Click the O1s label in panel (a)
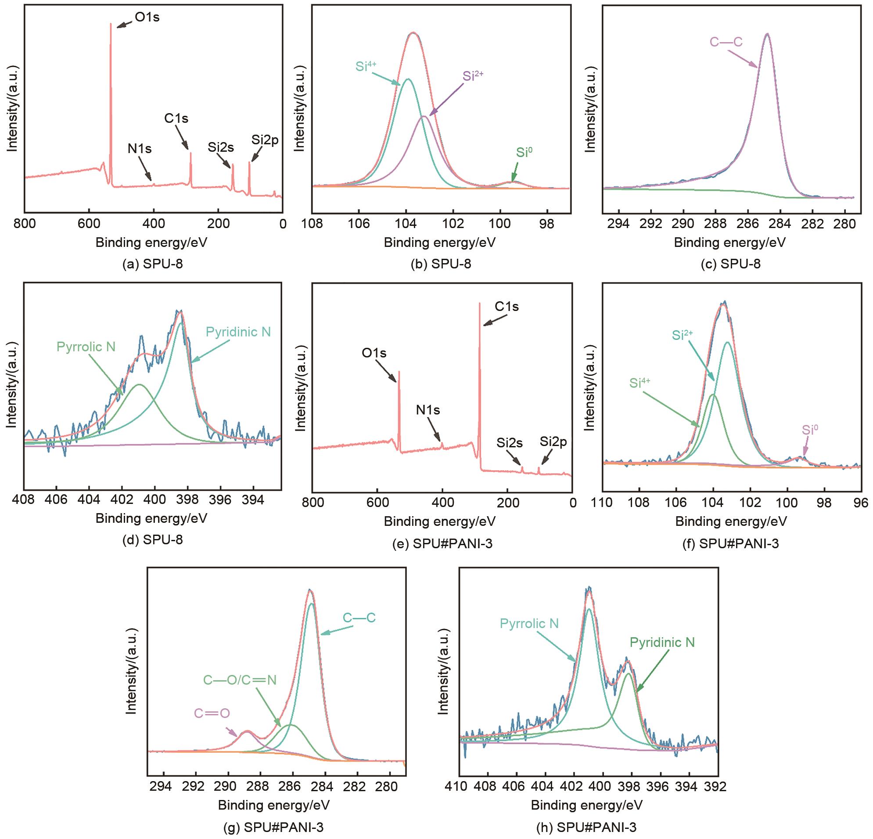pyautogui.click(x=147, y=18)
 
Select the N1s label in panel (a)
pyautogui.click(x=140, y=149)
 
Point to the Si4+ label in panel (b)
pyautogui.click(x=366, y=66)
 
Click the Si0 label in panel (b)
pyautogui.click(x=524, y=153)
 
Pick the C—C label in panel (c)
pyautogui.click(x=726, y=42)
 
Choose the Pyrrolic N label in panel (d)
pyautogui.click(x=86, y=347)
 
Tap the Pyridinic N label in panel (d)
pyautogui.click(x=238, y=332)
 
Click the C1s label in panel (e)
pyautogui.click(x=507, y=307)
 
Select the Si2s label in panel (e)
pyautogui.click(x=510, y=443)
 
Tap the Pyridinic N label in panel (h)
pyautogui.click(x=662, y=642)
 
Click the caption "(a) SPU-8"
pyautogui.click(x=153, y=264)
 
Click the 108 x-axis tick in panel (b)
pyautogui.click(x=312, y=223)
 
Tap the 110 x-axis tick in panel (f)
pyautogui.click(x=602, y=503)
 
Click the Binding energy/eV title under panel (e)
pyautogui.click(x=440, y=521)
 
